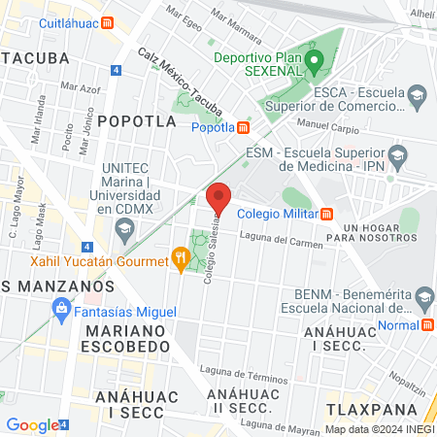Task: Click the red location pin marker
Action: (218, 198)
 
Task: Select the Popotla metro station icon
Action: (243, 126)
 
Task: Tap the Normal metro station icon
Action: (427, 327)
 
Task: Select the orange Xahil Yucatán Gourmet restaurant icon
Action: (180, 256)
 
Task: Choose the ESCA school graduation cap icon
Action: (418, 95)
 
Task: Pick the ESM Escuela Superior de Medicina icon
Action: (396, 154)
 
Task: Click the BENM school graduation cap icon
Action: (424, 296)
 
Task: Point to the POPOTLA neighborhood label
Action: (137, 121)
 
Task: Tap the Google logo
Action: (31, 424)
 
